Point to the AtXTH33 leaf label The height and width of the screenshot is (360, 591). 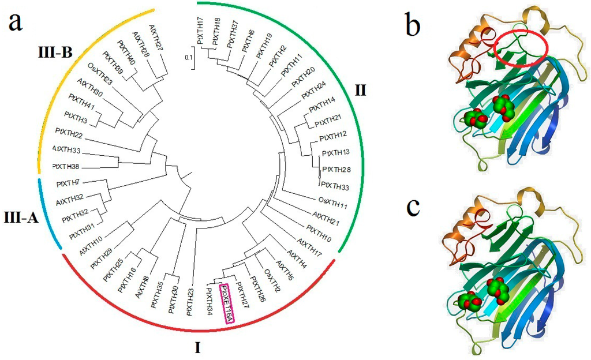pos(66,149)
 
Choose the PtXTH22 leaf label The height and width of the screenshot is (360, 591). pos(69,134)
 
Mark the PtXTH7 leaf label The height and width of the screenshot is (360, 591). pos(70,183)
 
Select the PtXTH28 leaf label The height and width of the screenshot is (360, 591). pos(336,169)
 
